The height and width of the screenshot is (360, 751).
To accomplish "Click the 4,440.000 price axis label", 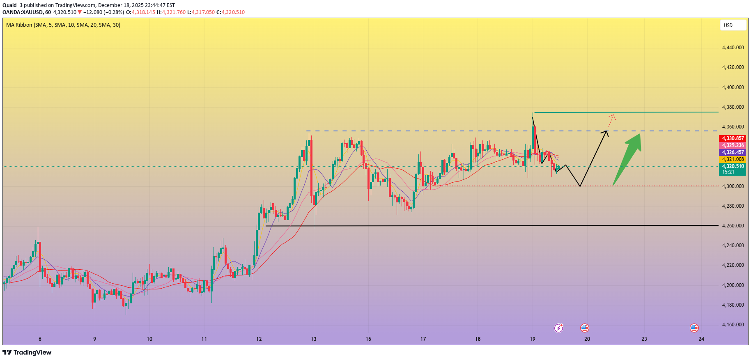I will click(733, 48).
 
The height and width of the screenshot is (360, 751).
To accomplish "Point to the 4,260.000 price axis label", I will click(733, 226).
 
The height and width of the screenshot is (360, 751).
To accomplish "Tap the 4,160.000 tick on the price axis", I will click(733, 325).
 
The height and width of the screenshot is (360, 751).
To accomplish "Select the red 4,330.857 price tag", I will click(733, 138).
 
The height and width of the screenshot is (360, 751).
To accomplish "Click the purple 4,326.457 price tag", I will click(733, 152).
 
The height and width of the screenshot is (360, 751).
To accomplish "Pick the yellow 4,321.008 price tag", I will click(733, 159).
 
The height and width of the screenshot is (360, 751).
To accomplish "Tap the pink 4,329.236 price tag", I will click(733, 145).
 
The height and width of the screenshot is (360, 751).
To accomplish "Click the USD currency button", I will click(733, 25).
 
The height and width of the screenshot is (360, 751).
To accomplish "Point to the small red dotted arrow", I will click(611, 120).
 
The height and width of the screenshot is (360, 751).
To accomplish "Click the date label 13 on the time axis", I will click(314, 339).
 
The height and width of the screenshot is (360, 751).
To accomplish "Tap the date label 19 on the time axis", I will click(533, 339).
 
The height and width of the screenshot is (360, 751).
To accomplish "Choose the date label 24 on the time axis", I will click(701, 339).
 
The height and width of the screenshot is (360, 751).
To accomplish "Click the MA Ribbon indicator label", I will click(63, 25).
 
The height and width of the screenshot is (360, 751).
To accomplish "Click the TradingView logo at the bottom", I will click(27, 352).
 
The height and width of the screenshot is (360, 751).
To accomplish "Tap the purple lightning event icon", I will click(558, 328).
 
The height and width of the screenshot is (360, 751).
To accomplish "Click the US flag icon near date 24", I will click(694, 328).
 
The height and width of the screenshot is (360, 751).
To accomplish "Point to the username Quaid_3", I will click(12, 5).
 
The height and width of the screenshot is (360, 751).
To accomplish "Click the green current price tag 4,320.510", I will click(733, 169).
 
